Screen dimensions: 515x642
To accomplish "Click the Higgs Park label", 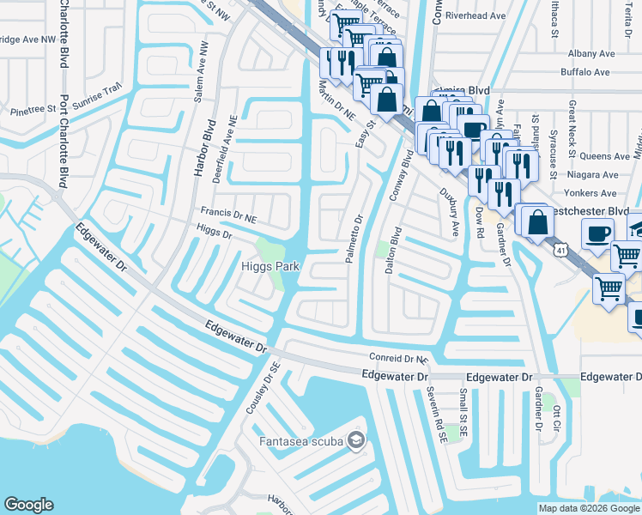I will click(x=269, y=267).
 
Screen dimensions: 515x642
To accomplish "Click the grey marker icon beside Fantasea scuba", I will click(x=356, y=441).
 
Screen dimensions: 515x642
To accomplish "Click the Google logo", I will click(x=29, y=505).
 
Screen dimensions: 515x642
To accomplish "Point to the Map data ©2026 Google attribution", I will click(x=589, y=508).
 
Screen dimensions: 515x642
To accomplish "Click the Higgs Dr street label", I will click(x=215, y=232).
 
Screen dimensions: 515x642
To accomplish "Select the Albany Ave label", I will click(x=588, y=52).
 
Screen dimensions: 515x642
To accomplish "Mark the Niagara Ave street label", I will click(x=592, y=174).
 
